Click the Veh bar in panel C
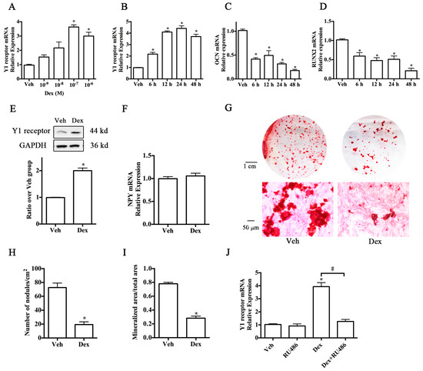point(242,54)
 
